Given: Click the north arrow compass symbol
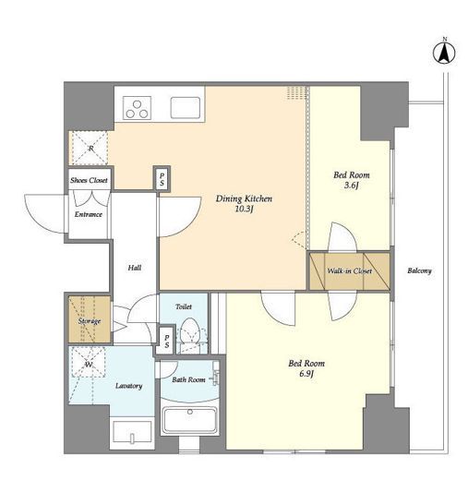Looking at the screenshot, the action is (x=444, y=53).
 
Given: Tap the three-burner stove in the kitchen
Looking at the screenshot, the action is (x=137, y=108).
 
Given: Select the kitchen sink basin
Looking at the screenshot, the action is (x=186, y=108).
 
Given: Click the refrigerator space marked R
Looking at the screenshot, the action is (x=90, y=149).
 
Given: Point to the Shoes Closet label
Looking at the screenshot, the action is (x=89, y=180).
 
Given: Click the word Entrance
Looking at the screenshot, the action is (x=89, y=214).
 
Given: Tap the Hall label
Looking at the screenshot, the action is (x=135, y=268).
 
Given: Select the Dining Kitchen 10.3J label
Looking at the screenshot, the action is (x=244, y=204).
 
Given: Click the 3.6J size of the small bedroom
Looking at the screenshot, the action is (x=352, y=186).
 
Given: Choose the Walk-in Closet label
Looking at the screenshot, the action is (x=350, y=271).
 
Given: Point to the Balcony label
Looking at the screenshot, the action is (x=419, y=270).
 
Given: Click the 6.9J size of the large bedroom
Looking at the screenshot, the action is (x=306, y=374).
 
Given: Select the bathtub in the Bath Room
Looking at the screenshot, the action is (x=190, y=420).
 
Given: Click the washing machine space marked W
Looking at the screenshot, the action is (x=89, y=362).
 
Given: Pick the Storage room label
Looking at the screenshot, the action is (x=90, y=321).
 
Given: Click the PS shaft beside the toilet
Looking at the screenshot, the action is (x=166, y=342).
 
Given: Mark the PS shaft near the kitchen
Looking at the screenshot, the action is (x=162, y=180).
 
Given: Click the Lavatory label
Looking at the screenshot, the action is (x=128, y=386).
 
